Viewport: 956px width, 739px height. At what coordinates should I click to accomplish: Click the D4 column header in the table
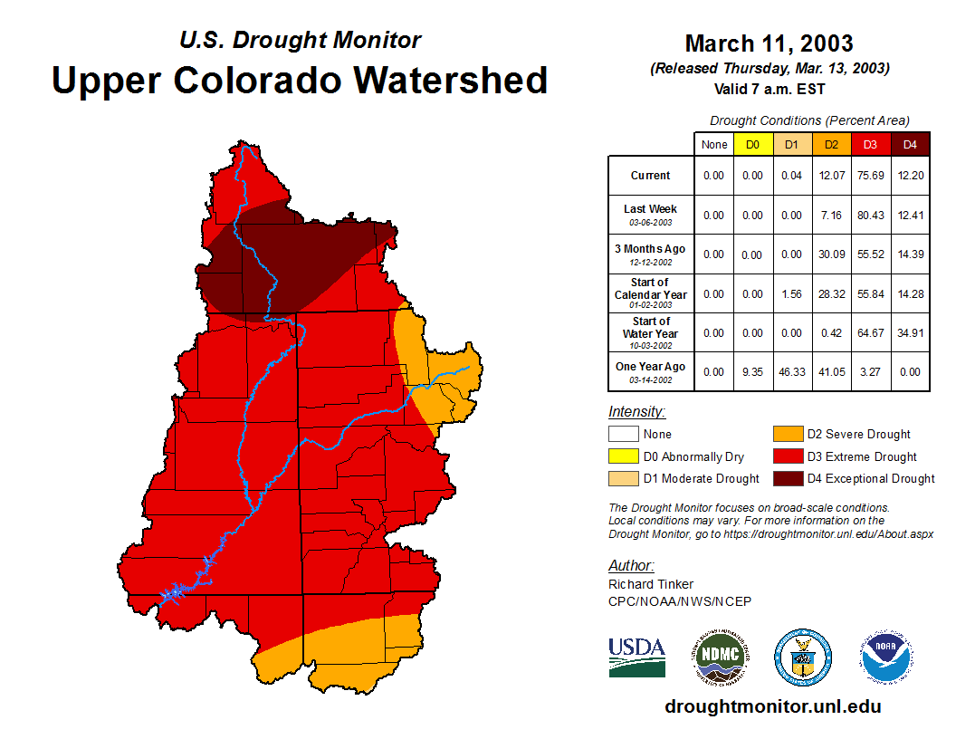(x=910, y=145)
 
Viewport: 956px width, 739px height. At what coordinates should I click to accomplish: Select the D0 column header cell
(x=752, y=145)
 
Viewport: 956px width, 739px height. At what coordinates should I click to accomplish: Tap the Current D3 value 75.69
(x=871, y=176)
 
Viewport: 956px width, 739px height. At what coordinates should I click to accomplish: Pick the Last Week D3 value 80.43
(x=871, y=215)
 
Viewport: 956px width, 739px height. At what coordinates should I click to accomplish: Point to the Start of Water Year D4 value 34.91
(x=910, y=332)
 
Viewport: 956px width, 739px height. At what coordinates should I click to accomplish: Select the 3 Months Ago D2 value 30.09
(x=831, y=254)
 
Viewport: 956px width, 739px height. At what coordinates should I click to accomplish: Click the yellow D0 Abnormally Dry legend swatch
(x=623, y=456)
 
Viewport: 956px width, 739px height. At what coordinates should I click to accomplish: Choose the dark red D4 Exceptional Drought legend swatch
(x=787, y=478)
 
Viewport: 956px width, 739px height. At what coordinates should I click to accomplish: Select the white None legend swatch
(x=623, y=435)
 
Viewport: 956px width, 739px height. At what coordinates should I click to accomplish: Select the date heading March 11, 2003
(x=769, y=43)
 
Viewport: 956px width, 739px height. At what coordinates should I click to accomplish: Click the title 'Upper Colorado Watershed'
(x=300, y=80)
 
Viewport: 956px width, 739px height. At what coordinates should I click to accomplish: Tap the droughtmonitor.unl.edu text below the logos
(x=772, y=706)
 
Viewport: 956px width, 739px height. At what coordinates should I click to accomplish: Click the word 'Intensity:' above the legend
(x=636, y=412)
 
